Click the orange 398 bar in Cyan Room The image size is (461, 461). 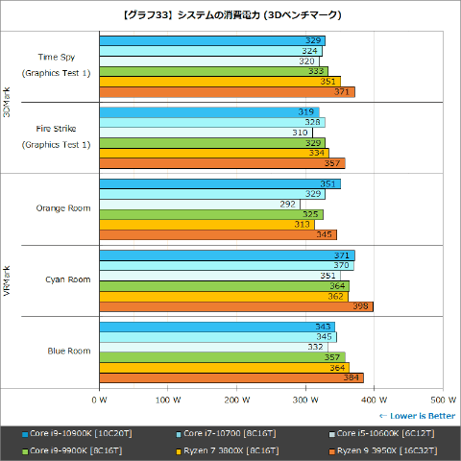[x=234, y=307]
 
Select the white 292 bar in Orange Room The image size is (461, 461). [x=198, y=204]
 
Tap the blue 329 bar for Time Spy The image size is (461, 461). [x=210, y=40]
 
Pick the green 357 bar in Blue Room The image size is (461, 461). [x=220, y=356]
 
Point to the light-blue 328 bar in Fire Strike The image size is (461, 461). [x=210, y=122]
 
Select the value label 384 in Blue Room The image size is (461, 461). [x=352, y=377]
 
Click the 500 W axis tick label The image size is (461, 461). [x=442, y=399]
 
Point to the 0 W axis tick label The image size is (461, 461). [x=98, y=399]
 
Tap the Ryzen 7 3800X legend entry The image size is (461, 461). [x=230, y=449]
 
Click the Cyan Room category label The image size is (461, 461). [x=67, y=279]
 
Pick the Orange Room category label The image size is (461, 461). [x=63, y=207]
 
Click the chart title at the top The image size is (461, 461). [x=230, y=15]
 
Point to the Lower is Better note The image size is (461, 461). [x=417, y=415]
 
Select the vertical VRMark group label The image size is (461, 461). [x=9, y=280]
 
